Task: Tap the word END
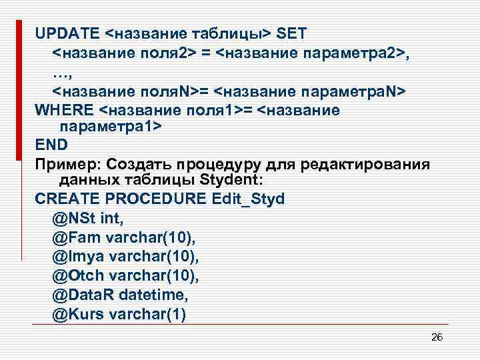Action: pos(51,144)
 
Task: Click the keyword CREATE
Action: pos(66,199)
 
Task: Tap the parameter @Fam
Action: pos(75,237)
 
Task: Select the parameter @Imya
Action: pos(77,256)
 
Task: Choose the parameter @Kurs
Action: pos(77,313)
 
